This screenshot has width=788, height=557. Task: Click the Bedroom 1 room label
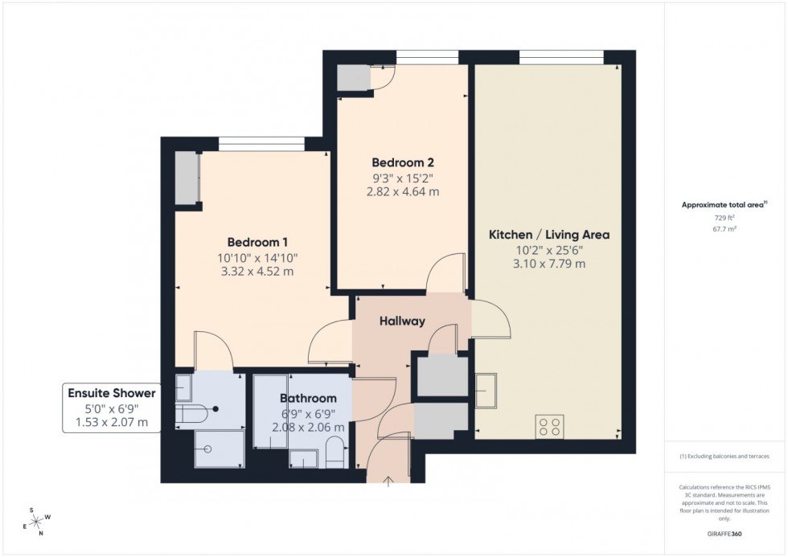click(x=257, y=242)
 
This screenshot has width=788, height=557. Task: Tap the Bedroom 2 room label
click(x=403, y=162)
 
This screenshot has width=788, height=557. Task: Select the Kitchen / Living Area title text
click(x=549, y=235)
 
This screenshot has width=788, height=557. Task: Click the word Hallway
click(x=402, y=321)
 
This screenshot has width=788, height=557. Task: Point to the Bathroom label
click(x=308, y=398)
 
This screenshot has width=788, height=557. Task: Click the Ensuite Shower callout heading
click(x=113, y=393)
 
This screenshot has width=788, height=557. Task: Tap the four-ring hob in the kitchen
click(x=550, y=426)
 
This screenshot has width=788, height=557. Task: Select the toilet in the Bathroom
click(x=334, y=458)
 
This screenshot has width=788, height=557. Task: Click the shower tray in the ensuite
click(x=219, y=449)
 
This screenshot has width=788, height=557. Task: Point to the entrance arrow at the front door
click(x=389, y=481)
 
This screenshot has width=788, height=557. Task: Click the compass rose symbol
click(x=36, y=520)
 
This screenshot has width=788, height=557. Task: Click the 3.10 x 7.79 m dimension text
click(x=549, y=263)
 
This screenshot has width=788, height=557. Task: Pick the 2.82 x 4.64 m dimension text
click(x=403, y=191)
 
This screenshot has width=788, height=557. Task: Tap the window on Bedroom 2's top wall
click(x=427, y=57)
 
